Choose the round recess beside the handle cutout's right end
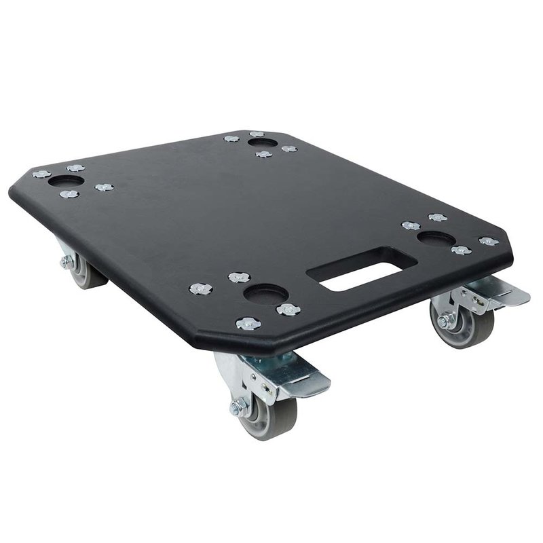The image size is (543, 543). pos(436,239)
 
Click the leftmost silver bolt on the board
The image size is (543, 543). pos(41,174)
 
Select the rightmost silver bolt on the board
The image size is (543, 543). pos(488,241)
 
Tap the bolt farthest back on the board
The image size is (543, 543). pos(256,134)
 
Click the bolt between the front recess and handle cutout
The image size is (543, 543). pos(288,310)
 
